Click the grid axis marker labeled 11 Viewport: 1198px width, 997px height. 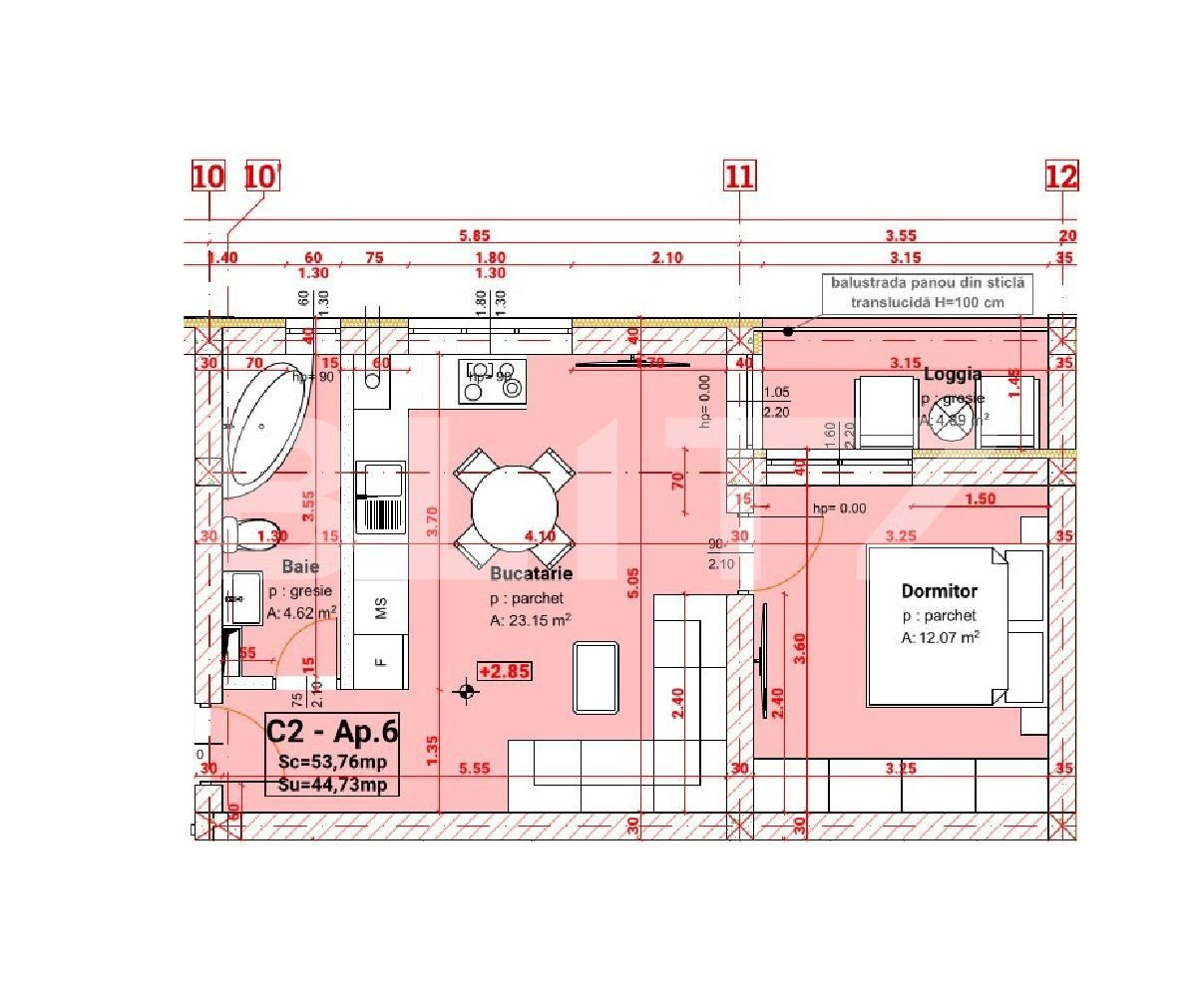(x=739, y=176)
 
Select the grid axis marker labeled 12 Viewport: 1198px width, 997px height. (x=1061, y=176)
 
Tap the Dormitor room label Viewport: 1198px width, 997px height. (x=939, y=591)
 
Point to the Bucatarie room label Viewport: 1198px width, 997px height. (x=531, y=574)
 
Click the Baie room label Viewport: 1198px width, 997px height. (x=300, y=567)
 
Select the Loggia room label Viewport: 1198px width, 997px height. (x=952, y=375)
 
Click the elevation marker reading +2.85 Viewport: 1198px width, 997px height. (x=504, y=671)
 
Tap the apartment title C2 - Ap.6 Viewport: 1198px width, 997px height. (x=332, y=732)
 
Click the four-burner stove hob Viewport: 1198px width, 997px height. (x=492, y=381)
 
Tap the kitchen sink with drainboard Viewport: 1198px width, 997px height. (x=380, y=497)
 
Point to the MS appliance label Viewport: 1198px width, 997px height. (x=380, y=608)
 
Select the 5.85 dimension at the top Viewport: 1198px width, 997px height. (x=474, y=236)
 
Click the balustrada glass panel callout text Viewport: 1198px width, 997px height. (x=927, y=293)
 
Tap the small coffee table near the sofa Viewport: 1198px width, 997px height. (x=596, y=678)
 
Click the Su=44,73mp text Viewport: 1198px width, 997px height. (x=332, y=785)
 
